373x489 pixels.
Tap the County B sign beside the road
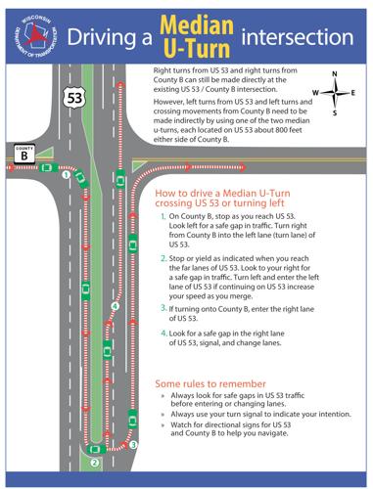[23, 153]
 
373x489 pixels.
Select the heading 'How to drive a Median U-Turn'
[231, 196]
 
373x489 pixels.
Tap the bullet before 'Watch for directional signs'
[163, 425]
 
